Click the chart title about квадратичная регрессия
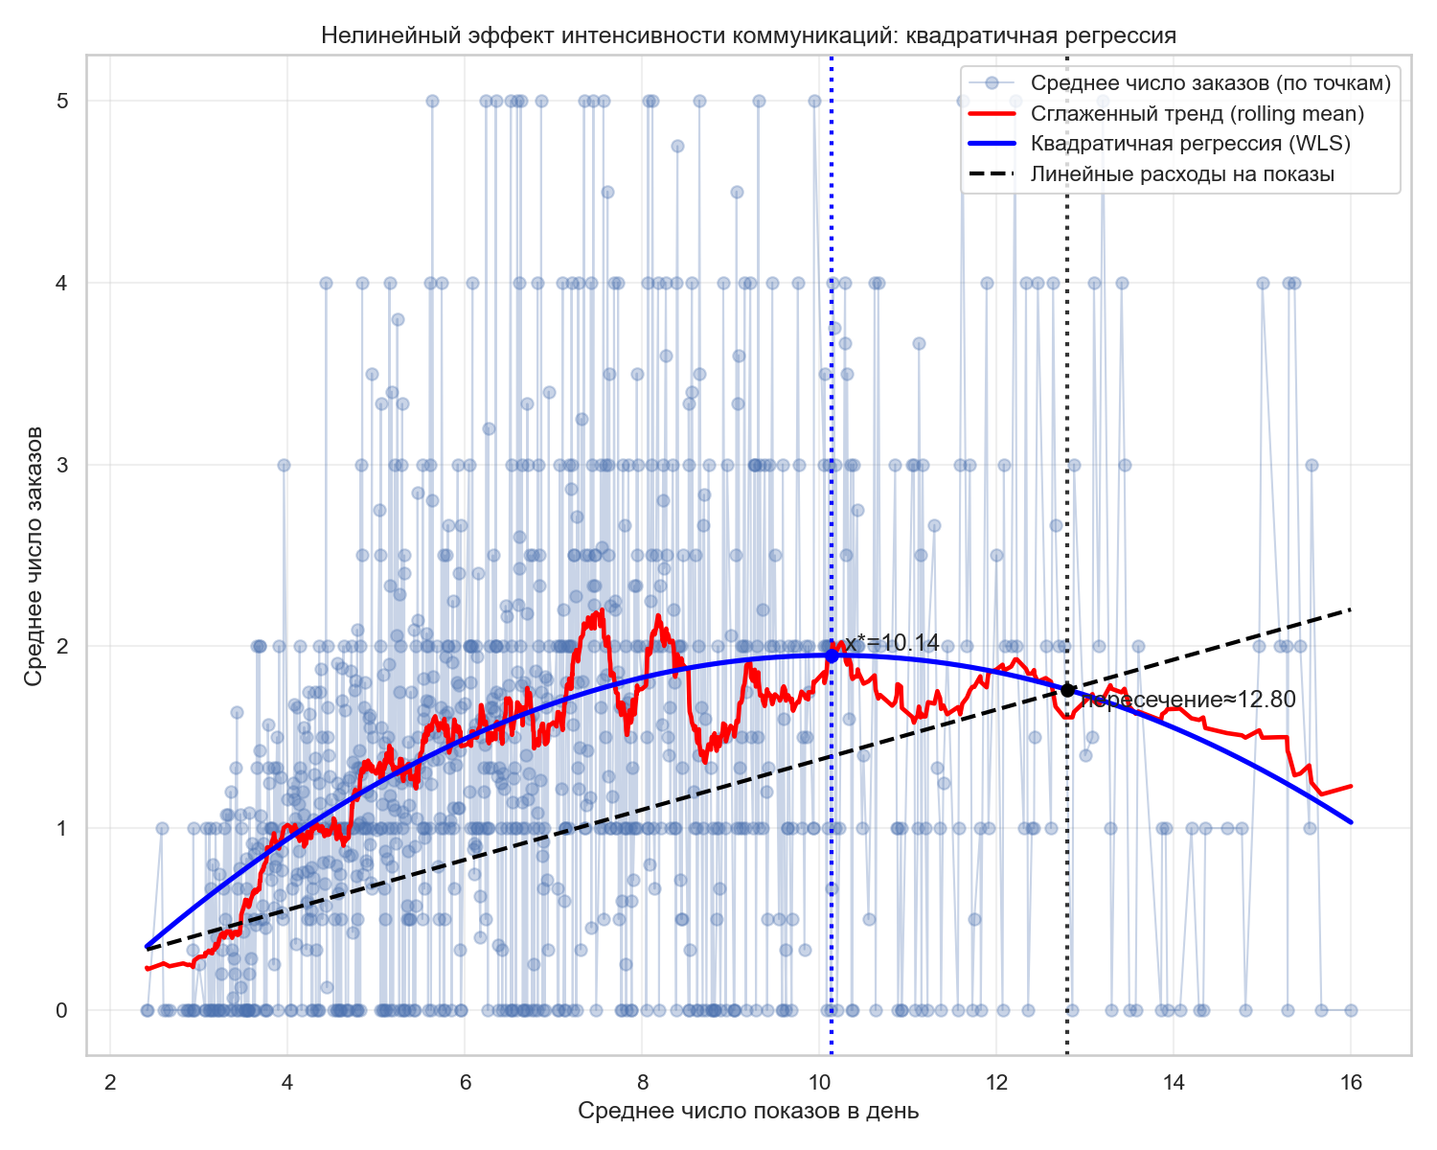(x=748, y=36)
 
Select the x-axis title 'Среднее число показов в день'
(x=748, y=1111)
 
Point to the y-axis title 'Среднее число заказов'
(x=34, y=556)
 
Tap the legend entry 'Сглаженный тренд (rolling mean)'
(x=1197, y=114)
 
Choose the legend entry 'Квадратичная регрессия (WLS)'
(x=1190, y=144)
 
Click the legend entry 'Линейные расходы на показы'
(x=1182, y=174)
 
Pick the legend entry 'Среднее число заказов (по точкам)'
(x=1210, y=83)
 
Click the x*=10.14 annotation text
(x=891, y=643)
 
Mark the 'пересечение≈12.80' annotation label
(x=1189, y=701)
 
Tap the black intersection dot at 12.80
(x=1067, y=690)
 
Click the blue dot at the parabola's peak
(x=832, y=656)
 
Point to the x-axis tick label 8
(x=643, y=1083)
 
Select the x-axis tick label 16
(x=1351, y=1083)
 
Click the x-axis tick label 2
(x=111, y=1083)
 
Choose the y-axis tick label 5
(x=62, y=101)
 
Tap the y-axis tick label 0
(x=62, y=1010)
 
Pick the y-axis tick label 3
(x=62, y=465)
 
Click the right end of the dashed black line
(x=1350, y=609)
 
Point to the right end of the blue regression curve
(x=1350, y=821)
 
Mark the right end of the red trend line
(x=1350, y=786)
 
